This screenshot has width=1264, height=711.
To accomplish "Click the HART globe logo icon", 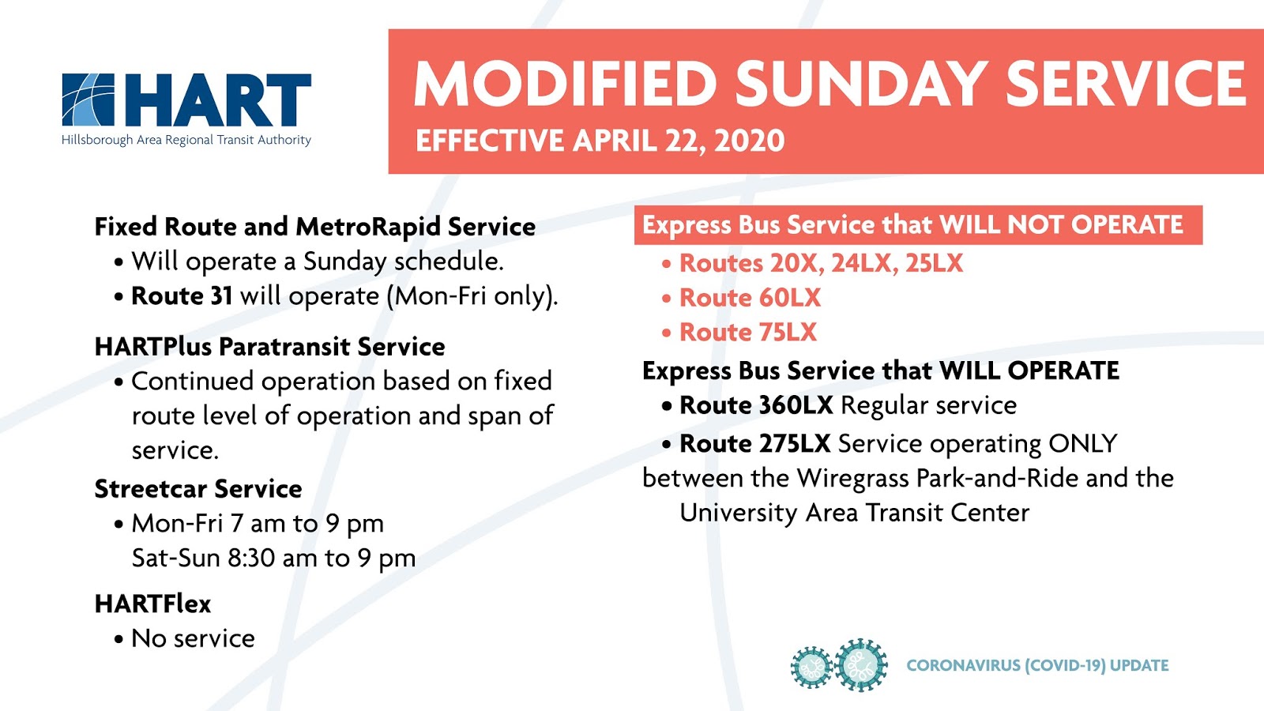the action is tap(88, 100).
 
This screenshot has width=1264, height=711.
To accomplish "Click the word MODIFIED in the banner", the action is tap(566, 84).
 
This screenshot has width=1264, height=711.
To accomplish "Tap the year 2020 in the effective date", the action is tap(750, 141).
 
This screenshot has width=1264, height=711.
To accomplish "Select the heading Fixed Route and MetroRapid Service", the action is tap(315, 227).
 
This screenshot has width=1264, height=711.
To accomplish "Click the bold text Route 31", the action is tap(182, 295).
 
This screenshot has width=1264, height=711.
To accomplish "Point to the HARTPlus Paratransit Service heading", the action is tap(269, 347).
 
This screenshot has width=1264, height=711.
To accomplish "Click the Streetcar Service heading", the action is tap(198, 489).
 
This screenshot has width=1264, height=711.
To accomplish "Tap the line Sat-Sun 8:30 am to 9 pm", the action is tap(273, 558).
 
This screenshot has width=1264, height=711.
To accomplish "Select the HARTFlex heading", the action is tap(152, 604).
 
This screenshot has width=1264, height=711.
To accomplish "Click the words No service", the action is tap(193, 638).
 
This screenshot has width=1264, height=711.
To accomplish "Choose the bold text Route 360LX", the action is tap(756, 405).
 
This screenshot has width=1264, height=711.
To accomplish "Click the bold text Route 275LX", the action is tap(755, 443).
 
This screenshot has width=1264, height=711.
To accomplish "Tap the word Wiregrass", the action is tap(852, 479).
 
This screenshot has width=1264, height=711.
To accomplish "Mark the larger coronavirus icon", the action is tap(860, 665).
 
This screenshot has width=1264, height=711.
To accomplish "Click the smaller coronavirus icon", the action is tap(811, 668).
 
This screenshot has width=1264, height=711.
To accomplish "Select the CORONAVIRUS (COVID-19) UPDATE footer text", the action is tap(1037, 665).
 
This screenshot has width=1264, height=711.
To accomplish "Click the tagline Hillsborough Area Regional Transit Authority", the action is tap(186, 140).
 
